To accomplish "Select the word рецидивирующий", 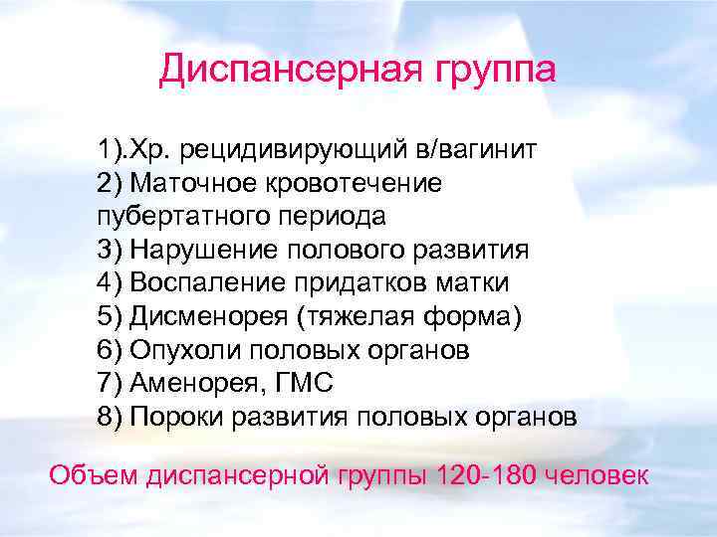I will pos(290,151).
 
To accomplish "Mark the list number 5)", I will pos(110,316).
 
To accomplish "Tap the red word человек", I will pos(601,473).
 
